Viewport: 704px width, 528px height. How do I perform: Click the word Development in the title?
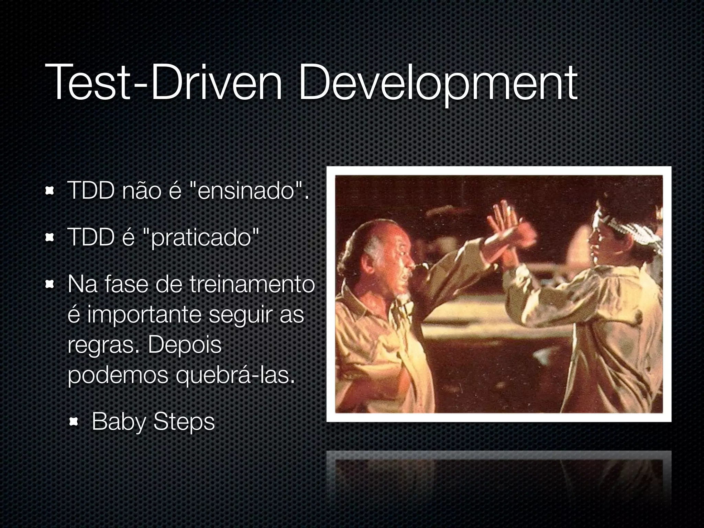click(438, 84)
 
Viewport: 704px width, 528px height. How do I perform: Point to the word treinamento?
click(252, 285)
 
